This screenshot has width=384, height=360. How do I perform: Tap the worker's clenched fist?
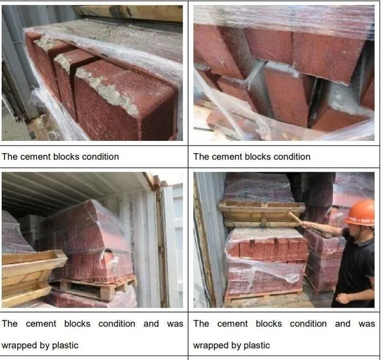(x=344, y=298)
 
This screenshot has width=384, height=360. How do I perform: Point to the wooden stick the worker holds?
(x=296, y=217)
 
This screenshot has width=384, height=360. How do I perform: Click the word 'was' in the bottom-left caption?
(x=175, y=323)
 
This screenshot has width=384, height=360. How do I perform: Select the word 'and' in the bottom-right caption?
(x=342, y=323)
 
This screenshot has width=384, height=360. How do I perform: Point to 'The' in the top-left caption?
(x=10, y=156)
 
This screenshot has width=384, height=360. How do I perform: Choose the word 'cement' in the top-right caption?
(x=227, y=157)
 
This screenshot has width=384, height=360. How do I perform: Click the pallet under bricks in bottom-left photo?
(x=93, y=288)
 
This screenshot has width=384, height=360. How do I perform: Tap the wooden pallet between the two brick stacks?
(x=262, y=214)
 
